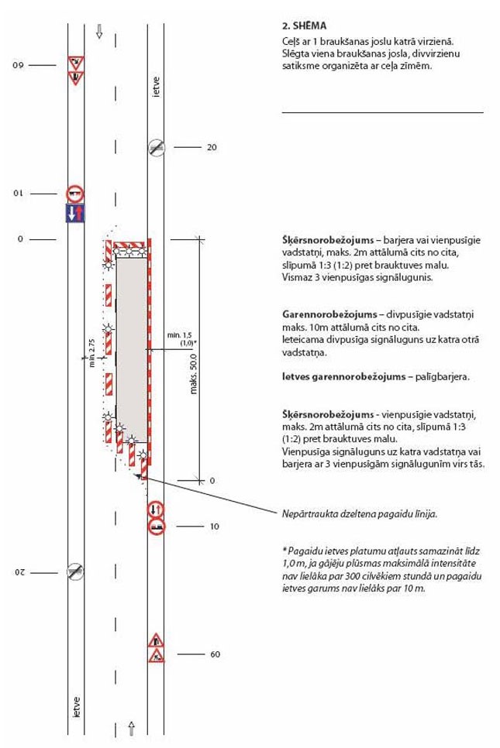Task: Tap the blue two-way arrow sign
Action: coord(75,213)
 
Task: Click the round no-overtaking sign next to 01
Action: coord(75,194)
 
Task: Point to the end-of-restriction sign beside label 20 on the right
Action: coord(157,147)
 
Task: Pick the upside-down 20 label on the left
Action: coord(22,572)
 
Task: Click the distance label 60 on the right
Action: coord(215,654)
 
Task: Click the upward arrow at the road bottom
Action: coord(131,727)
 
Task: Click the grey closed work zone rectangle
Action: coord(131,348)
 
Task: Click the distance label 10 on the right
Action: coord(215,527)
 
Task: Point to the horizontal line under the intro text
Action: coord(382,113)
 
